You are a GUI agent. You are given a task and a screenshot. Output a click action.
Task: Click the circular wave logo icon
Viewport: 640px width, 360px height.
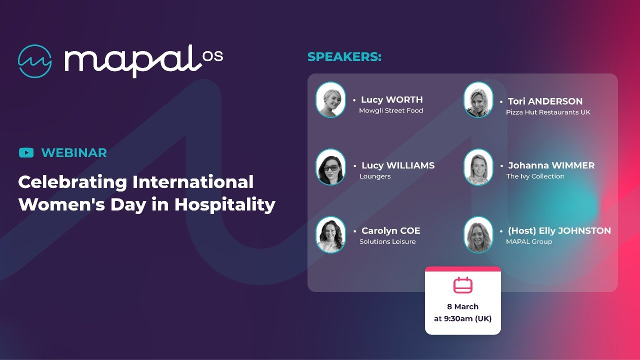point(35,61)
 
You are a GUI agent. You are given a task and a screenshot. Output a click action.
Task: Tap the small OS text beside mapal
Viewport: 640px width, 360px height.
point(213,57)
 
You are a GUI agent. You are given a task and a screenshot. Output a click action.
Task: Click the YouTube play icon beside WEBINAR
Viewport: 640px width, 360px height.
point(26,153)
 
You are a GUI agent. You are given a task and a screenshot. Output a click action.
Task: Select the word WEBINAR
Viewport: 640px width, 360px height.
point(74,153)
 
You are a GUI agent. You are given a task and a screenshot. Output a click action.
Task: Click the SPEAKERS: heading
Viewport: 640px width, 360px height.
point(344,57)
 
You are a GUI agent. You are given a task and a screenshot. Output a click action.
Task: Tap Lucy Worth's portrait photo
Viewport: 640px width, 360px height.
point(330,100)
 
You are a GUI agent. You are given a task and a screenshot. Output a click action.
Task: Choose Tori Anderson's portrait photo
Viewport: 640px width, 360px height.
point(478,100)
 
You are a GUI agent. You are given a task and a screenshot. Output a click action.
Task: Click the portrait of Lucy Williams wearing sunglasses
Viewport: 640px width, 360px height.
point(330,167)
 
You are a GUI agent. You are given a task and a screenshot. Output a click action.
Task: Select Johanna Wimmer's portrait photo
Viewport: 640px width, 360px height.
point(478,167)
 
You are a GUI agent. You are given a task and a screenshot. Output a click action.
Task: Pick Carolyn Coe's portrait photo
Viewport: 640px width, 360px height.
point(330,234)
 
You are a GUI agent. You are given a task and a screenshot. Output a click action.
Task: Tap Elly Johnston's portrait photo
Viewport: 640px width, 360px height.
point(478,234)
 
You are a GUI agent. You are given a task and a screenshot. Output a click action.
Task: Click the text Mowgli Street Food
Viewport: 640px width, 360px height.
point(391,110)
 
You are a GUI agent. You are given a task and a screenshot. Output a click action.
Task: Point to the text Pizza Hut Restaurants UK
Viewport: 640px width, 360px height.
point(548,112)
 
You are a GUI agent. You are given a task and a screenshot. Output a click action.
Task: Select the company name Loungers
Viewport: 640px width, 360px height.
point(375,176)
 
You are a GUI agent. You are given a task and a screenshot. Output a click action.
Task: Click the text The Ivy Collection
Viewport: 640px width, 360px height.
point(535,176)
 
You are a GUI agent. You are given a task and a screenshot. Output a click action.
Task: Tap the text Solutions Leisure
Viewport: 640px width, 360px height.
point(387,241)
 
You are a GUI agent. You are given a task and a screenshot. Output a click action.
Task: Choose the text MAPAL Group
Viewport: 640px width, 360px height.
point(529,241)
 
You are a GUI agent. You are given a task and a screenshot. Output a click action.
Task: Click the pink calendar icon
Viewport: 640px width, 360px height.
point(463,285)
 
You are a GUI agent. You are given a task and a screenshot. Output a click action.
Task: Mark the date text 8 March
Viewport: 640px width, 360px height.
point(462,306)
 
